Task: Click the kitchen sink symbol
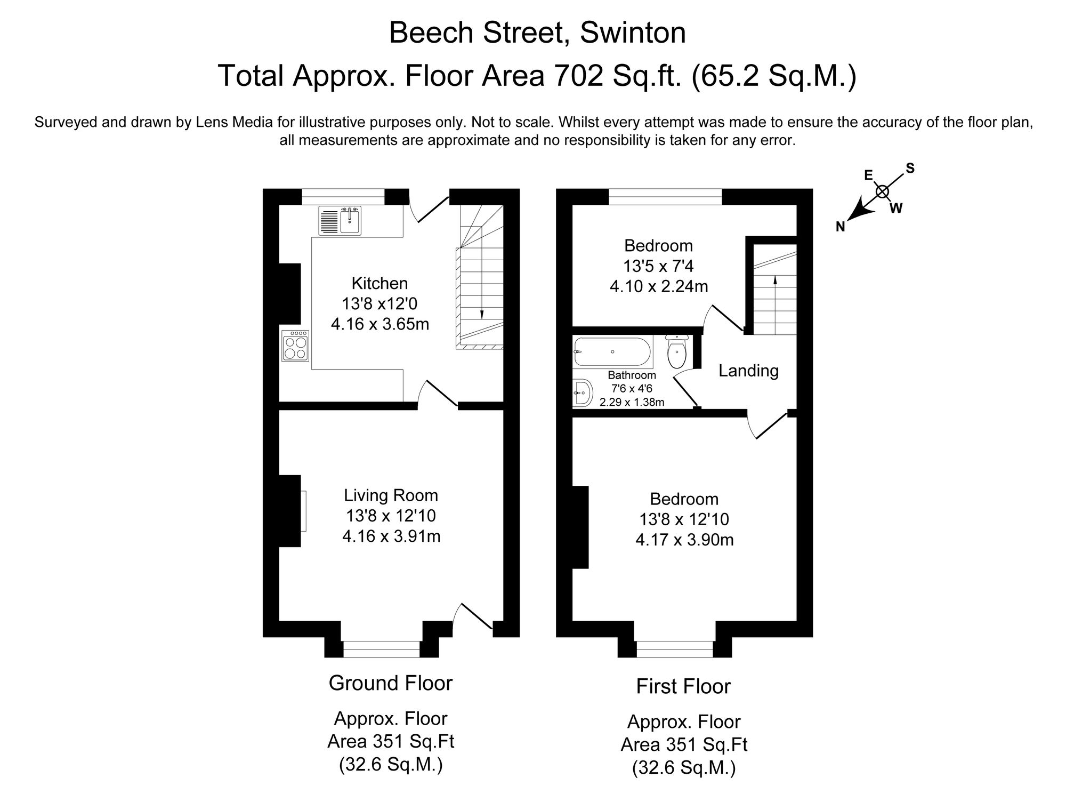(340, 221)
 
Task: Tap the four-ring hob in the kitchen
(296, 346)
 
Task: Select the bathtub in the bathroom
(612, 351)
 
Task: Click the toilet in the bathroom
(677, 352)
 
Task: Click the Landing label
(748, 371)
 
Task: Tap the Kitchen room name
(379, 283)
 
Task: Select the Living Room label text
(391, 495)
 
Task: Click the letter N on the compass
(841, 227)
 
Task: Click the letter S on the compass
(910, 169)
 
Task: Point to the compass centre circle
(883, 191)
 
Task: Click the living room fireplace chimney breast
(290, 510)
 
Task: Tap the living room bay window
(381, 649)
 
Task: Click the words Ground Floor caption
(391, 683)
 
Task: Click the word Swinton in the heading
(633, 33)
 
